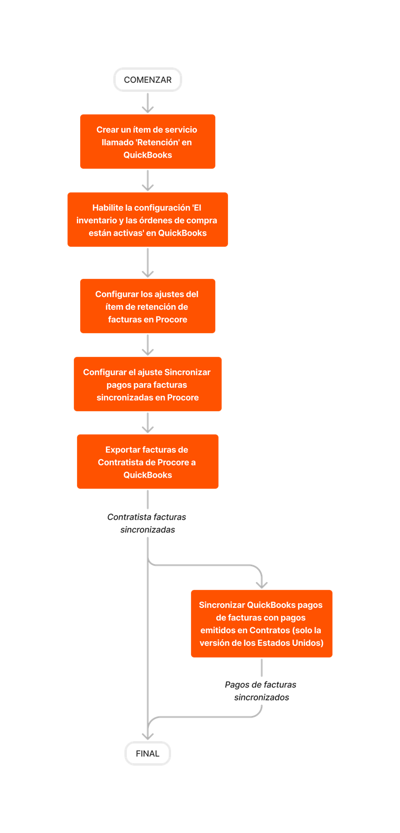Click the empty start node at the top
[x=148, y=80]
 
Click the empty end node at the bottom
[x=148, y=753]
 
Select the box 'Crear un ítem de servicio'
[x=148, y=142]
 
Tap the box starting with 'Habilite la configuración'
[x=148, y=220]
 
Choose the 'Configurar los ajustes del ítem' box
[x=148, y=306]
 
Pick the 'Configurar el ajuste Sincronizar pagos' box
[x=148, y=384]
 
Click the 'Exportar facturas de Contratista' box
[x=148, y=462]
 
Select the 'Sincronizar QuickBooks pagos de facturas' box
[x=262, y=624]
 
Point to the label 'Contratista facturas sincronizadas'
[x=147, y=524]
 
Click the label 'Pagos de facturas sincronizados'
[x=261, y=691]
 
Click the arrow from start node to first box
[x=148, y=103]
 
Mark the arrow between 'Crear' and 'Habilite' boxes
[x=148, y=181]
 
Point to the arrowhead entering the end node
[x=148, y=736]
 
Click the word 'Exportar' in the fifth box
[x=123, y=450]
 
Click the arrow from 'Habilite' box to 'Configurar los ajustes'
[x=148, y=263]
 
